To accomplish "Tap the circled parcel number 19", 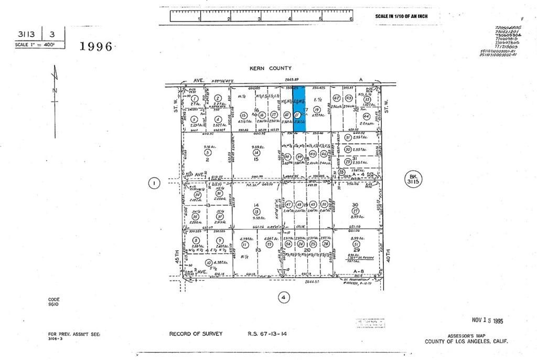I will pyautogui.click(x=317, y=110).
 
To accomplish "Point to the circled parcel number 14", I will pyautogui.click(x=256, y=152).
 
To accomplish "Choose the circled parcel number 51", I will pyautogui.click(x=357, y=243).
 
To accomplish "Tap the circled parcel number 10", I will pyautogui.click(x=209, y=262).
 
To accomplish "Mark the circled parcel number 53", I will pyautogui.click(x=270, y=244).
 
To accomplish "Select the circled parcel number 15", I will pyautogui.click(x=243, y=115).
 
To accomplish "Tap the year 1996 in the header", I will pyautogui.click(x=96, y=47).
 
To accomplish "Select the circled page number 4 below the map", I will pyautogui.click(x=284, y=297).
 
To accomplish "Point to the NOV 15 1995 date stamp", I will pyautogui.click(x=487, y=320).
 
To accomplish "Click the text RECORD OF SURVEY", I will pyautogui.click(x=196, y=334).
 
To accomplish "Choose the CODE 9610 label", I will pyautogui.click(x=54, y=302).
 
